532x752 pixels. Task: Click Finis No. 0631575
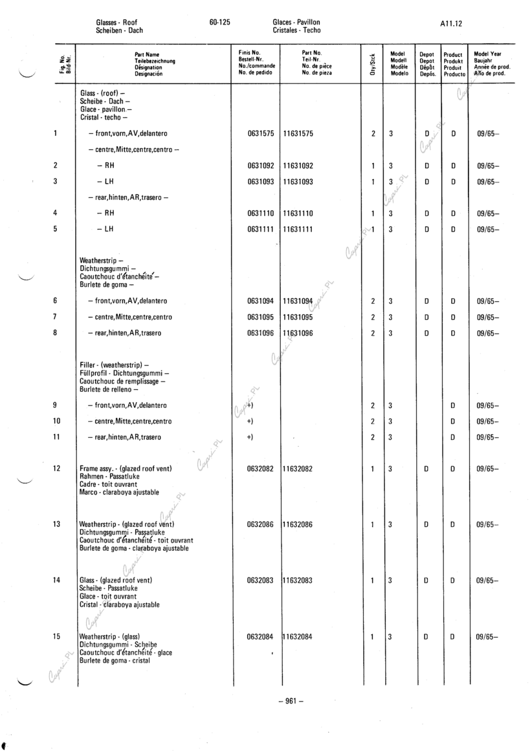(261, 134)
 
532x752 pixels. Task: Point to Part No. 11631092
(298, 166)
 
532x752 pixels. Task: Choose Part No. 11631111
(298, 229)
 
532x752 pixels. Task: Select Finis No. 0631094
(261, 301)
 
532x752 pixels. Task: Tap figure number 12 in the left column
(56, 468)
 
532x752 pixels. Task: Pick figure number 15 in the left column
(56, 636)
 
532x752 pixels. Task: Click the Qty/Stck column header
(372, 64)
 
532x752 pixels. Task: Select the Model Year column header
(492, 64)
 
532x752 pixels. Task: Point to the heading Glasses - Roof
(116, 22)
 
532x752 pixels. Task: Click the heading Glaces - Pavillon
(296, 22)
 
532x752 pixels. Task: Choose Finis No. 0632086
(261, 524)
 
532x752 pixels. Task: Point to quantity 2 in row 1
(373, 134)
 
